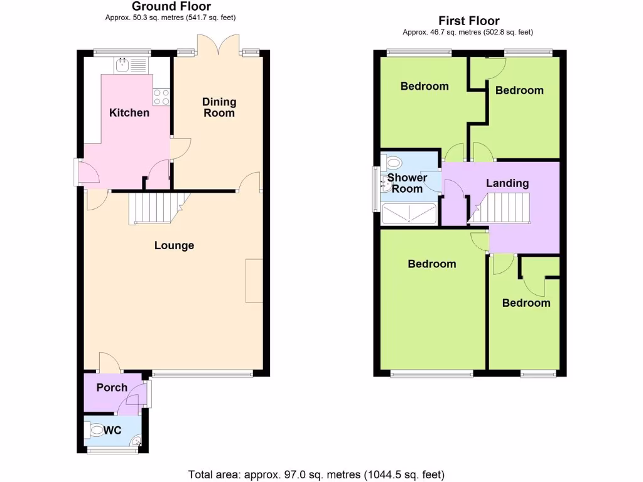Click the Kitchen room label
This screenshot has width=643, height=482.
coord(129,113)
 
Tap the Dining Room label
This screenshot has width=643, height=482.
coord(219,107)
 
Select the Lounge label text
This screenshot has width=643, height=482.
coord(174,245)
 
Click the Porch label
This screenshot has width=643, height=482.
coord(112,388)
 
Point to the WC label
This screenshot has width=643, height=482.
coord(112,431)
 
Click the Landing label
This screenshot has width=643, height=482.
coord(507,183)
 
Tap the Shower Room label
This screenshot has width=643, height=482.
coord(407,183)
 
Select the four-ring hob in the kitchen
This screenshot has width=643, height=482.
coord(161,97)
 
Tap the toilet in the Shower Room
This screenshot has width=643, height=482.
coord(392,163)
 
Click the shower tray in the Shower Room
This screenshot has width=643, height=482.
coord(409,213)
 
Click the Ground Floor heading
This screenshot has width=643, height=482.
coord(171,7)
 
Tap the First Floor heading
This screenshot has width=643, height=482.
coord(469,21)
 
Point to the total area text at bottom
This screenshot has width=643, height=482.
coord(316,474)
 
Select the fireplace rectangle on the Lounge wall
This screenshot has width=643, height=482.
coord(254,281)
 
